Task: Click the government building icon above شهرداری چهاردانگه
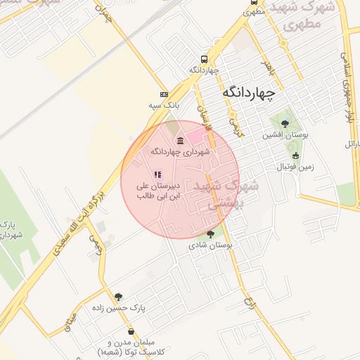click(181, 140)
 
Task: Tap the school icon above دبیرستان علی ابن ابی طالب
click(158, 174)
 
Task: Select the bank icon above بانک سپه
click(164, 94)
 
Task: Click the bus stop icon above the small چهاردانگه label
click(204, 59)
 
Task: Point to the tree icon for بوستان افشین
click(284, 124)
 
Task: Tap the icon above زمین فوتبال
click(295, 156)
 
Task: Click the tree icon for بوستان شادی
click(210, 234)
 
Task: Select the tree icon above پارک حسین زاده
click(118, 297)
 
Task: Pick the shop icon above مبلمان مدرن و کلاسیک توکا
click(131, 331)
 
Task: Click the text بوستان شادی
click(210, 245)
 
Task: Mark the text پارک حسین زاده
click(118, 308)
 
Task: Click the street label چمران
click(103, 14)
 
